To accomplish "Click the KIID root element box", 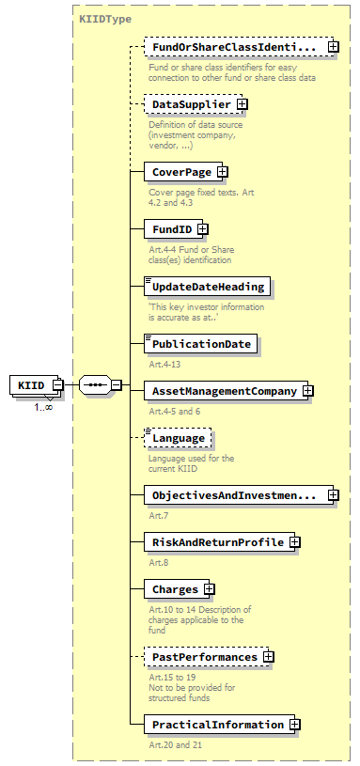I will click(x=30, y=384).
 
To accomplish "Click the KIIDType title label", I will click(x=105, y=18).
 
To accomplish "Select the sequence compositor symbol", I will click(x=95, y=384).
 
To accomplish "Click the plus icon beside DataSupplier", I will click(x=242, y=104).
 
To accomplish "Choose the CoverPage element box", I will click(x=179, y=172).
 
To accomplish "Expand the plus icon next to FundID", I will click(x=202, y=228).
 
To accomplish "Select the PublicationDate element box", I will click(x=201, y=344).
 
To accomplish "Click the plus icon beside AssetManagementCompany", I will click(x=307, y=391).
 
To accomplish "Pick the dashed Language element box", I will click(x=178, y=438).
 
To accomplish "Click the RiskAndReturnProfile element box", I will click(x=217, y=542).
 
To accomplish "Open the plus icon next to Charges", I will click(x=209, y=589).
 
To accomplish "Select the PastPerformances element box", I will click(x=204, y=657).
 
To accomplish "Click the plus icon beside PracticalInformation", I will click(x=295, y=725).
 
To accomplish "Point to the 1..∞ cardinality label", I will click(x=43, y=407).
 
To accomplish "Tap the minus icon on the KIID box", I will click(x=57, y=384).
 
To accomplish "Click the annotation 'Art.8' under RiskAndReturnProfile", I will click(x=159, y=562).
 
